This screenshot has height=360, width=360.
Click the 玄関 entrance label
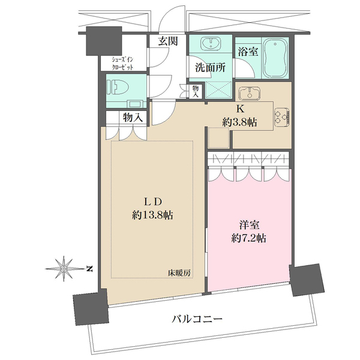point(167,41)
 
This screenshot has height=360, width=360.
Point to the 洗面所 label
point(209,67)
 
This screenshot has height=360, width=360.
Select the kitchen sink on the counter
point(248,94)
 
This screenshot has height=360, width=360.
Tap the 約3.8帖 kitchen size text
point(239,122)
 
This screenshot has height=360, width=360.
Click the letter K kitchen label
point(239,109)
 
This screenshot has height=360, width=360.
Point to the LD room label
point(153,201)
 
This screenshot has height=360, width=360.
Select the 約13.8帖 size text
point(153,215)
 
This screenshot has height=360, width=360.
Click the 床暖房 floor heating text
point(179,273)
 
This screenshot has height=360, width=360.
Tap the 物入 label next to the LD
point(132,118)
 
